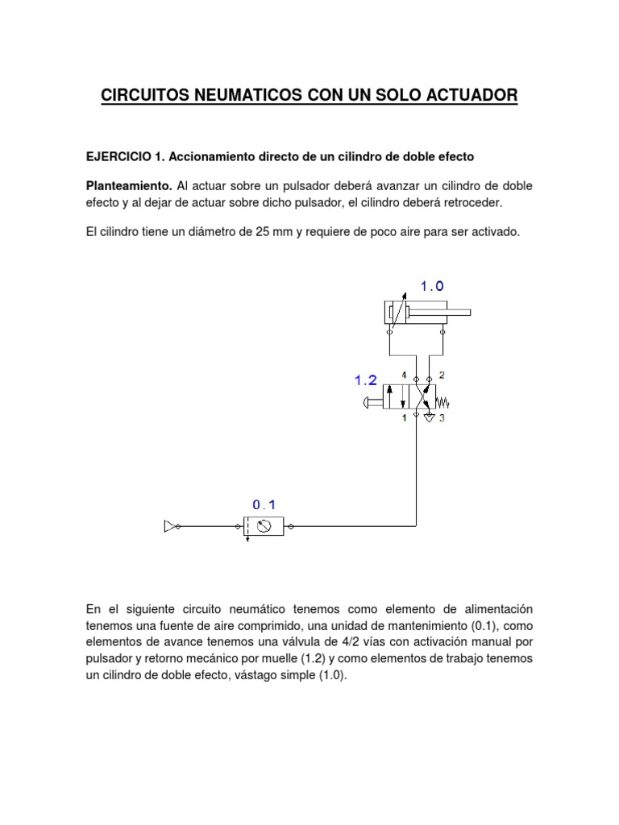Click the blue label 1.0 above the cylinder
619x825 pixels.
(431, 285)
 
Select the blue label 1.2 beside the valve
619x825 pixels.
(366, 379)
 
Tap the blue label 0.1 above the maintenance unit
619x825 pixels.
(264, 504)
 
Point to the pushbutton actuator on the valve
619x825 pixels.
(373, 400)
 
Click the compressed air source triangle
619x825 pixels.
(170, 526)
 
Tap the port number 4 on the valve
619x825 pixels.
(404, 374)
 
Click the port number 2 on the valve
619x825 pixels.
(442, 375)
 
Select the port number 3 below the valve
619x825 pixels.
(442, 418)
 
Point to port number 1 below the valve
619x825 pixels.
(404, 418)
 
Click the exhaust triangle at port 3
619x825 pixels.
(430, 417)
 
